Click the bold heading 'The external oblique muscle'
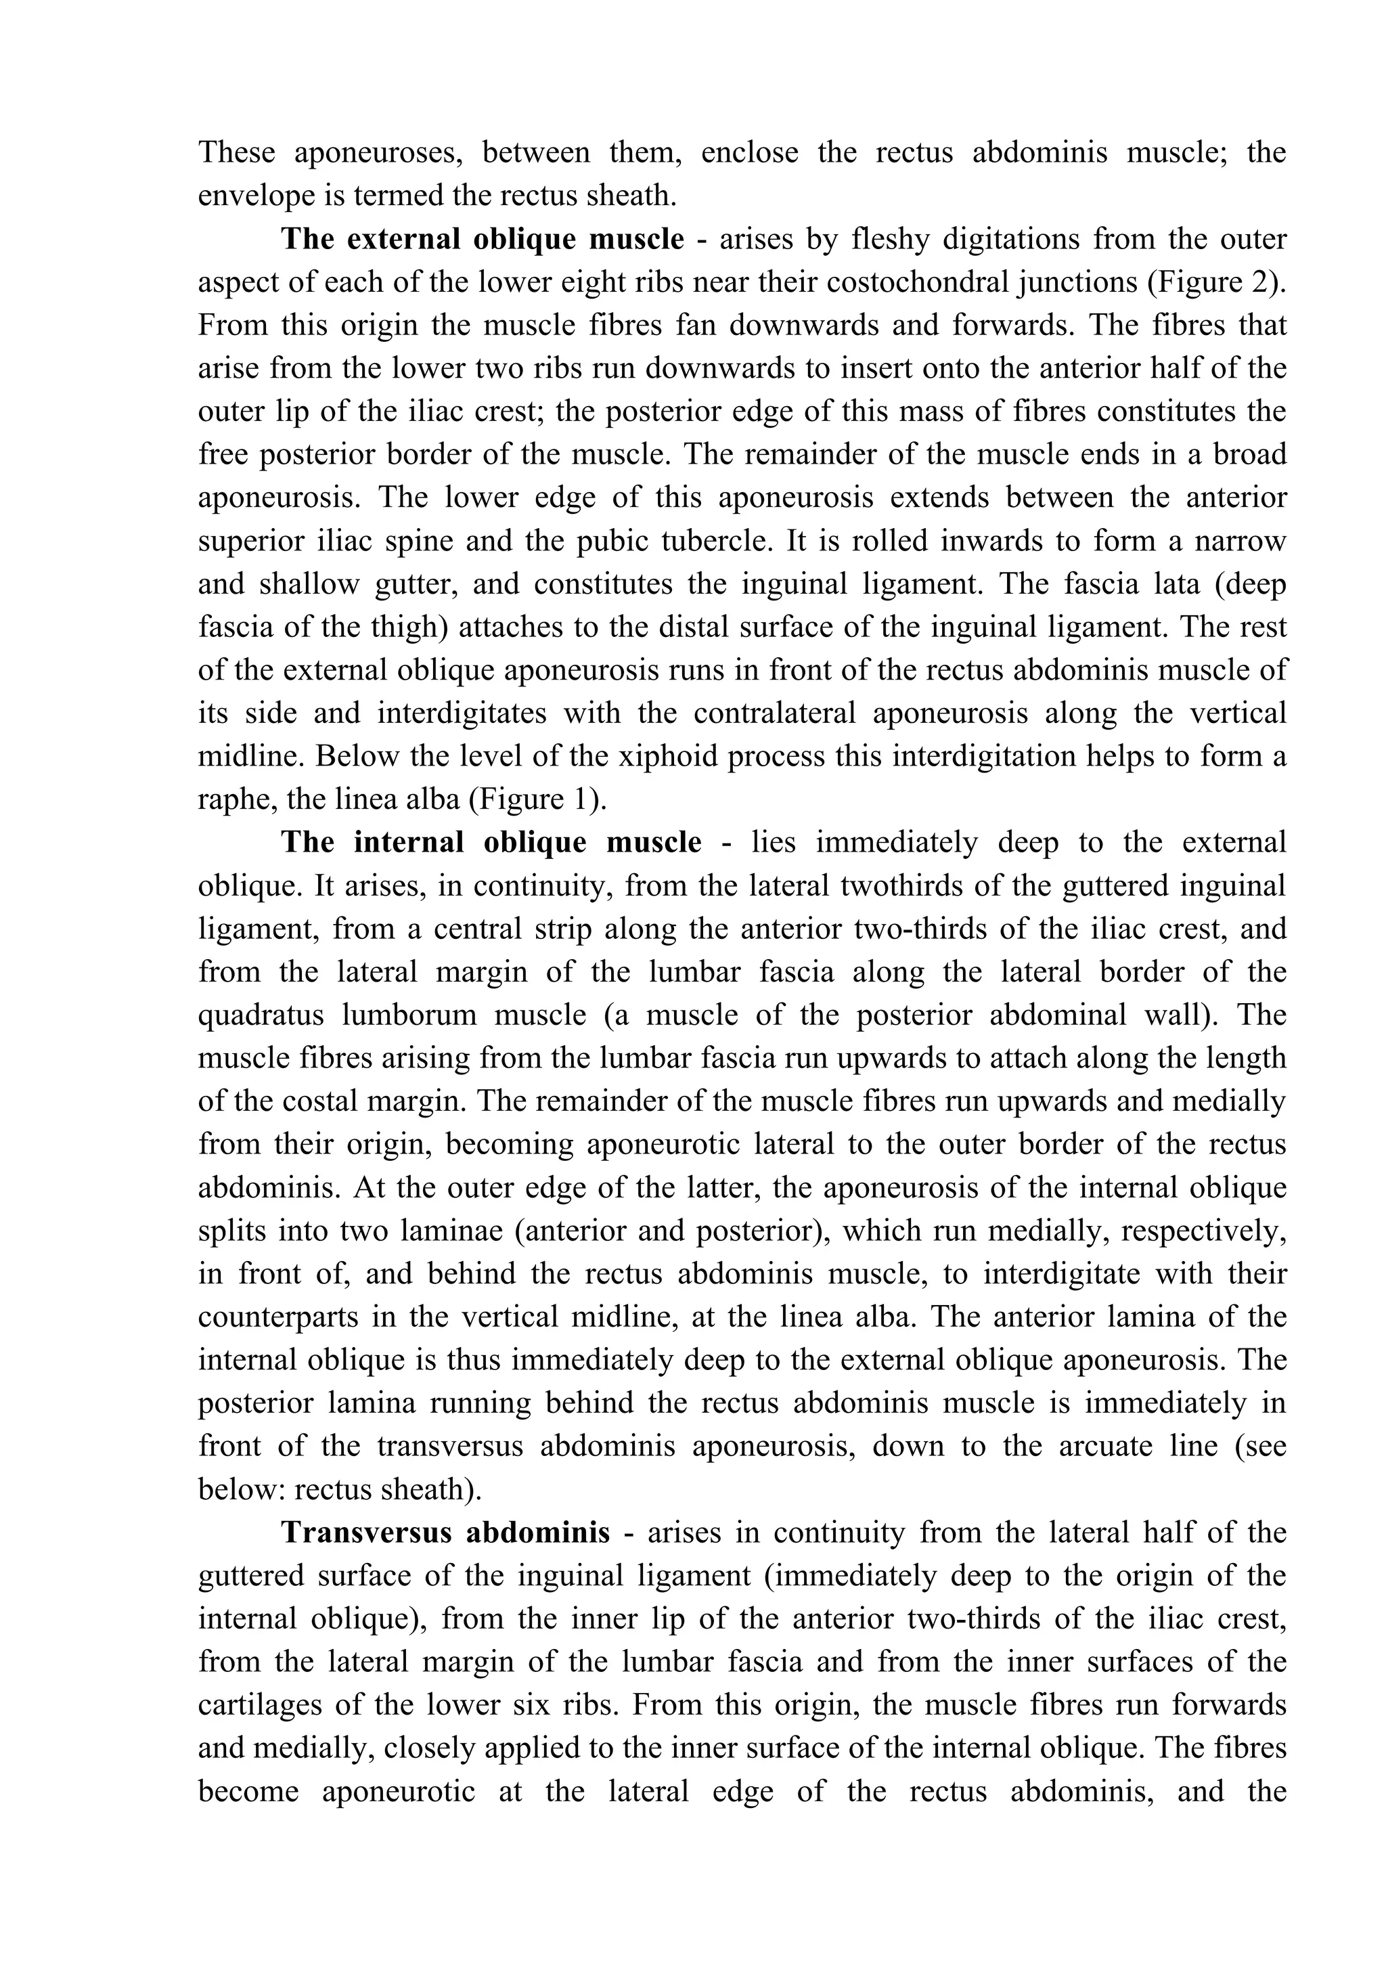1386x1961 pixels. pyautogui.click(x=482, y=239)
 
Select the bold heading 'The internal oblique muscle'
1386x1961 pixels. pyautogui.click(x=491, y=842)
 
